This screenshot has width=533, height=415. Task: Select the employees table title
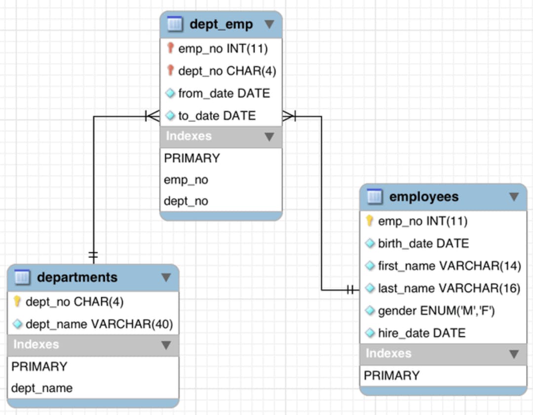(x=423, y=197)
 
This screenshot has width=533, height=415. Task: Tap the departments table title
(x=77, y=277)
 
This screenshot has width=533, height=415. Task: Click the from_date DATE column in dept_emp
(x=224, y=93)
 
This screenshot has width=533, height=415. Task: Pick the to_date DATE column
(x=217, y=116)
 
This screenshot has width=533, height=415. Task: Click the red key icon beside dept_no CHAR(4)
(x=171, y=71)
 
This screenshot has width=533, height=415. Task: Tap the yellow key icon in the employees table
(x=370, y=221)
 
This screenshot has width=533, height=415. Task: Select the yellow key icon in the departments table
(x=17, y=301)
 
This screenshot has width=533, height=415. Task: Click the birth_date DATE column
(x=423, y=243)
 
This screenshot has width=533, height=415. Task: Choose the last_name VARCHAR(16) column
(x=449, y=288)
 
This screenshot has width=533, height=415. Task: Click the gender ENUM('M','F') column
(x=436, y=311)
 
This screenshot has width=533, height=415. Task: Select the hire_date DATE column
(x=421, y=333)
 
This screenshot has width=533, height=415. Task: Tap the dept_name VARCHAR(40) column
(x=99, y=324)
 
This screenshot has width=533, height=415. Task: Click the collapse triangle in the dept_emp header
(x=269, y=24)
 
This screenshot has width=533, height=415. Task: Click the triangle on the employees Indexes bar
(x=514, y=354)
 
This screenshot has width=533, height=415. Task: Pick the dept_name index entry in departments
(x=42, y=388)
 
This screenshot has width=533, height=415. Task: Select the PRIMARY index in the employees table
(x=391, y=376)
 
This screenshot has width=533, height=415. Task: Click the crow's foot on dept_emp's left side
(x=152, y=116)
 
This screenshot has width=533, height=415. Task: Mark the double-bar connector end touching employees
(x=351, y=290)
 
